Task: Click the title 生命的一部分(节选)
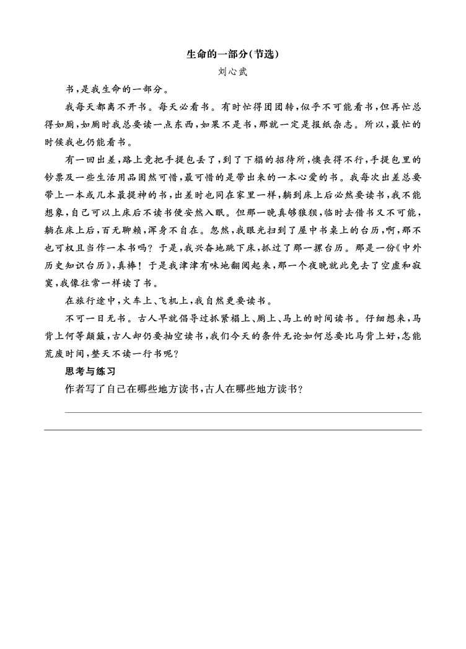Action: [x=233, y=54]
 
